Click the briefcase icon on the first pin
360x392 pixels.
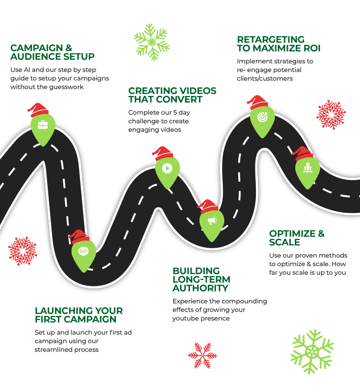click(x=43, y=124)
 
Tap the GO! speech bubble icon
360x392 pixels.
click(x=83, y=251)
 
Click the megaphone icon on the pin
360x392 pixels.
click(x=212, y=221)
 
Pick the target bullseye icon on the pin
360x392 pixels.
click(x=262, y=117)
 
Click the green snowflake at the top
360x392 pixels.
click(x=151, y=42)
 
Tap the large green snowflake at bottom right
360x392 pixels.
click(x=312, y=351)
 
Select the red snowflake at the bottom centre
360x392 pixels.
click(x=202, y=355)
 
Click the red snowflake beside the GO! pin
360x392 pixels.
click(x=22, y=251)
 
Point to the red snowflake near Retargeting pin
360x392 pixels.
click(x=331, y=115)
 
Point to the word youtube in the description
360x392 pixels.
click(x=184, y=318)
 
